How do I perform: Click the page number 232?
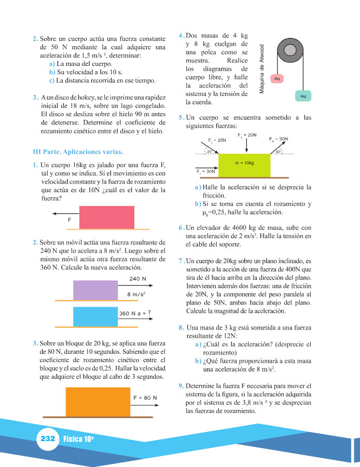pyautogui.click(x=47, y=438)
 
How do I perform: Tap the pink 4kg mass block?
pyautogui.click(x=276, y=78)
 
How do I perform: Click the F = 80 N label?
pyautogui.click(x=145, y=398)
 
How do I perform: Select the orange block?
pyautogui.click(x=98, y=401)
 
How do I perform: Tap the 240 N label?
pyautogui.click(x=137, y=279)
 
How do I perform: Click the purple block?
pyautogui.click(x=95, y=290)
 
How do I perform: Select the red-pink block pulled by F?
pyautogui.click(x=106, y=217)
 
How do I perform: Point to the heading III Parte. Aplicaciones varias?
pyautogui.click(x=77, y=152)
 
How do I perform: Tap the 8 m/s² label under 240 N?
pyautogui.click(x=136, y=294)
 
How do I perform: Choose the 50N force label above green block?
pyautogui.click(x=279, y=139)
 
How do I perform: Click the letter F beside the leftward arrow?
pyautogui.click(x=70, y=220)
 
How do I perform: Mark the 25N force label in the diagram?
pyautogui.click(x=217, y=140)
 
